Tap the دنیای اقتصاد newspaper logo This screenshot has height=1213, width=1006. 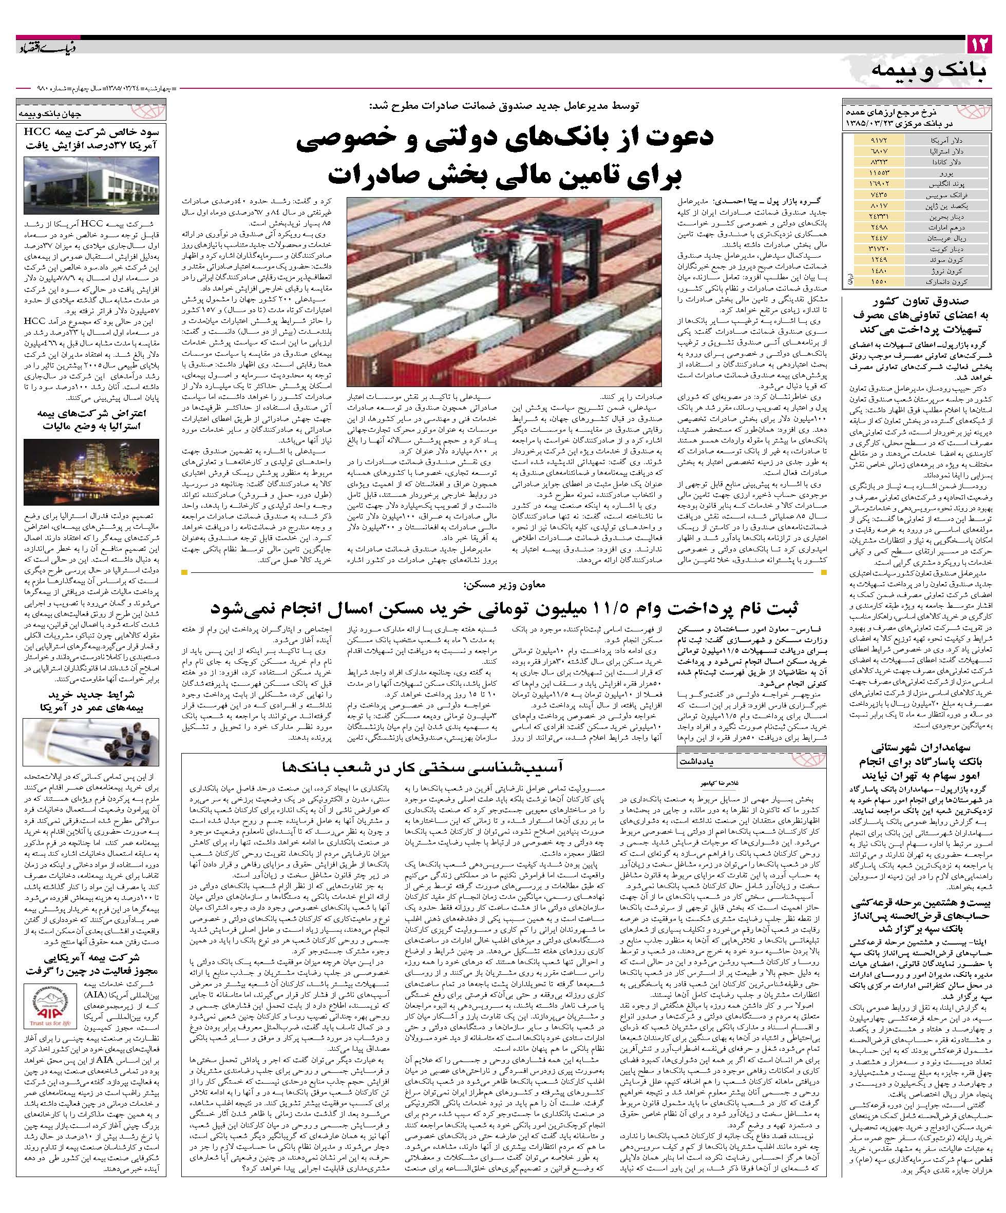coord(40,45)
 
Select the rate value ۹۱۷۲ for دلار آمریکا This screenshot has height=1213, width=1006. coord(873,140)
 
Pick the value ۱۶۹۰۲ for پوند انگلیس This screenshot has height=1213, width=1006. coord(873,184)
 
